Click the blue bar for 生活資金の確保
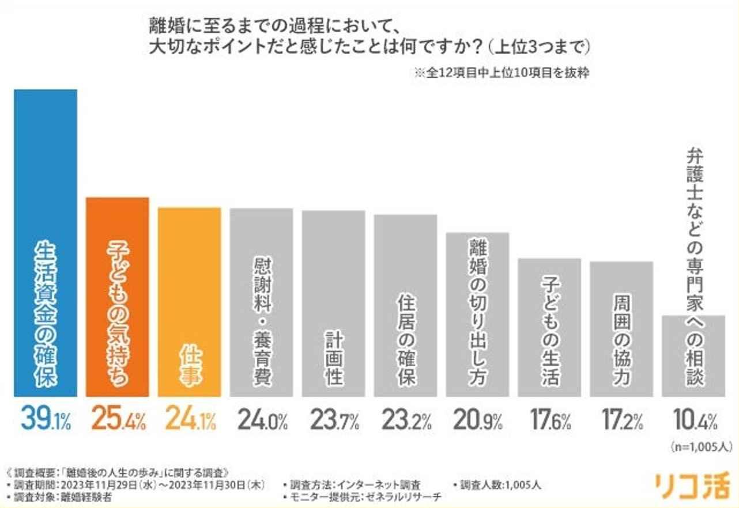(x=46, y=242)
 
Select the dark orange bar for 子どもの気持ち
(x=118, y=297)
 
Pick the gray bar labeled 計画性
(x=333, y=303)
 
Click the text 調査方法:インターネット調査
(x=355, y=484)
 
